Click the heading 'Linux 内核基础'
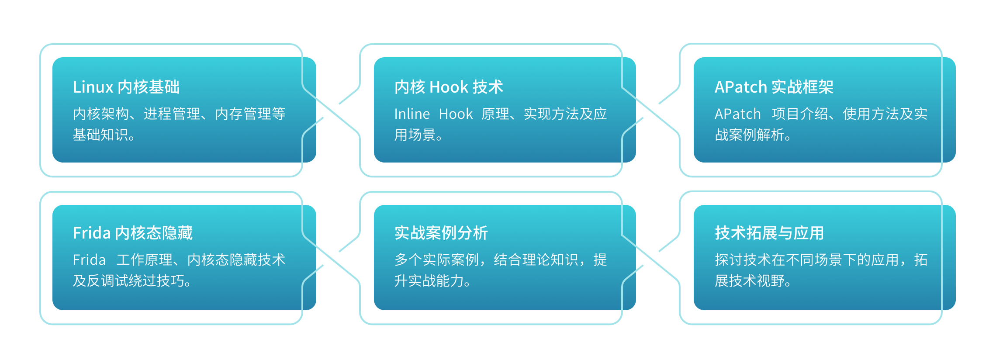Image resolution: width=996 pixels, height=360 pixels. pos(126,87)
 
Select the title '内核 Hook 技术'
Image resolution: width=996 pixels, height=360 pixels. pos(449,87)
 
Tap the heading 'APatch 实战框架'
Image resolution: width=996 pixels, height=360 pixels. pos(774,87)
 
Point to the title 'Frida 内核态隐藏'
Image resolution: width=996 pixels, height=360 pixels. pos(133,233)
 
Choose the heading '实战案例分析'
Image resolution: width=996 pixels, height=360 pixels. pos(441,233)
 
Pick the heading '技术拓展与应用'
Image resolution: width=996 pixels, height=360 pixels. pos(769,233)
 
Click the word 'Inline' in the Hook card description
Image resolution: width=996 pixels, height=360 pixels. pos(412,114)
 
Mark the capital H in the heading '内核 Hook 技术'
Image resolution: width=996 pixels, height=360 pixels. pos(435,87)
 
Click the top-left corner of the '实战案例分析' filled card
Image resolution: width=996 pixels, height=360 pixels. pos(374,205)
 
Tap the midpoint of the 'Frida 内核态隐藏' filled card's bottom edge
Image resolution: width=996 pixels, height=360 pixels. pos(184,310)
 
